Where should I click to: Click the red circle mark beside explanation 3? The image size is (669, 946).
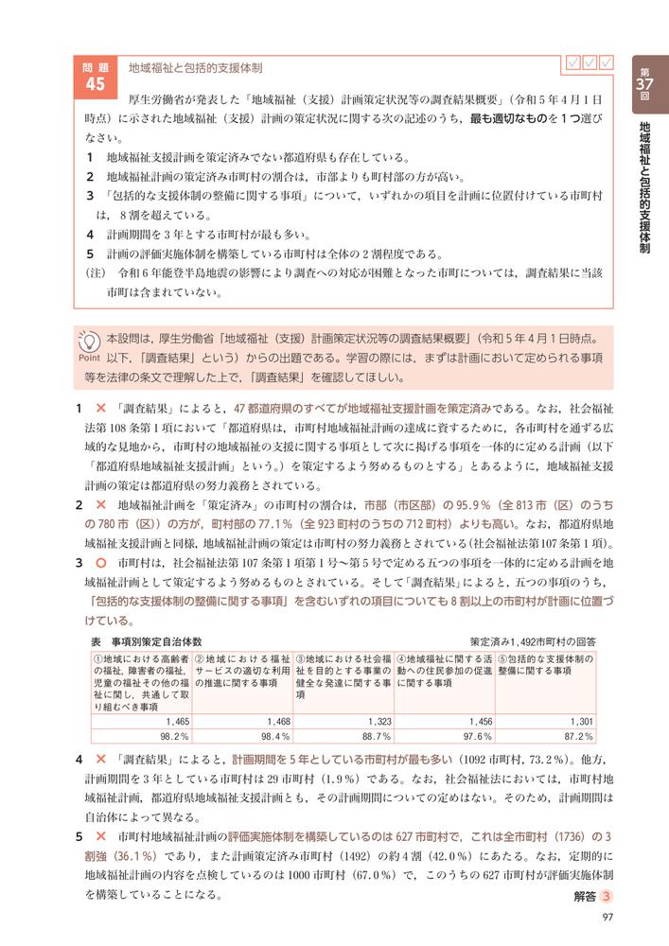click(x=99, y=562)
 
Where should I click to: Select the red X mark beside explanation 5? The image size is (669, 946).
click(x=99, y=837)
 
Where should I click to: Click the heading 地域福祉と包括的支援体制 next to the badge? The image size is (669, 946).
click(x=196, y=69)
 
